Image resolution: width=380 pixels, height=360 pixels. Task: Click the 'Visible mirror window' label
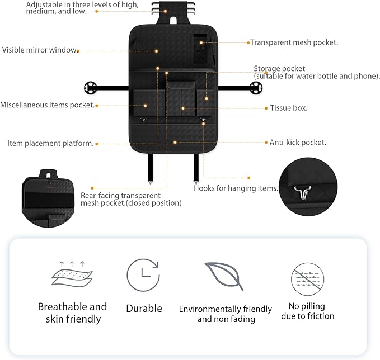tap(39, 50)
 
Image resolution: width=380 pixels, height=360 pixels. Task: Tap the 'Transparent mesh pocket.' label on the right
tap(294, 42)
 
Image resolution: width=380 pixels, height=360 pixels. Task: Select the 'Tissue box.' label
tap(289, 108)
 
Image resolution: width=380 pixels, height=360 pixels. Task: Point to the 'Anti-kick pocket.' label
tap(298, 143)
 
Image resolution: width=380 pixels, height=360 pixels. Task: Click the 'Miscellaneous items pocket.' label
tap(47, 105)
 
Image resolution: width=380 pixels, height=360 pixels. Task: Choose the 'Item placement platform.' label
tap(50, 143)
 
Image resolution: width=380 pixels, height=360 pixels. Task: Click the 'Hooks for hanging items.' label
tap(236, 188)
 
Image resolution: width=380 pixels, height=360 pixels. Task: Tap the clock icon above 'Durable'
tap(143, 275)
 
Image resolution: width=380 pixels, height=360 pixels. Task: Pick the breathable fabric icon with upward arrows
tap(72, 273)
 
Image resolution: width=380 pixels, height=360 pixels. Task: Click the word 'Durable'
tap(144, 309)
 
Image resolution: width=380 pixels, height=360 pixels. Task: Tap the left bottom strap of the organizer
tap(151, 167)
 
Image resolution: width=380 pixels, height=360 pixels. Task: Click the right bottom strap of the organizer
tap(195, 167)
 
